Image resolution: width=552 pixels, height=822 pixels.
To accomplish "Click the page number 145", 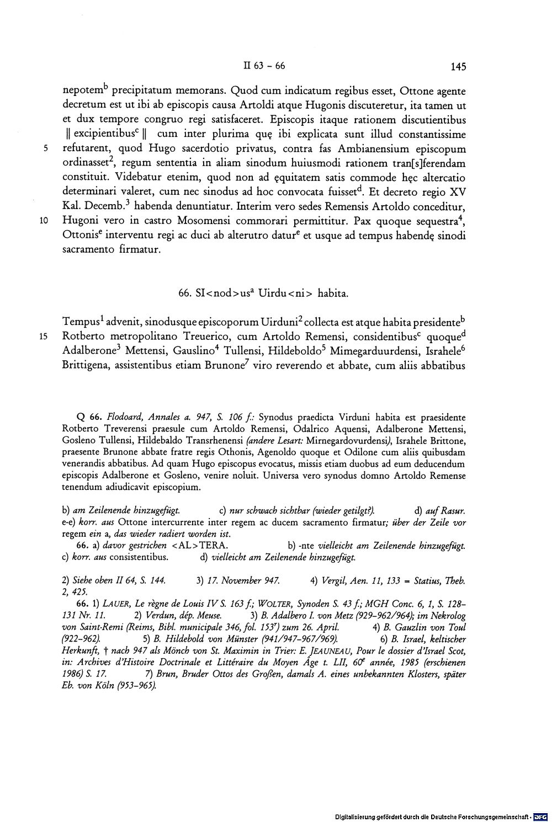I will coord(458,67).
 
